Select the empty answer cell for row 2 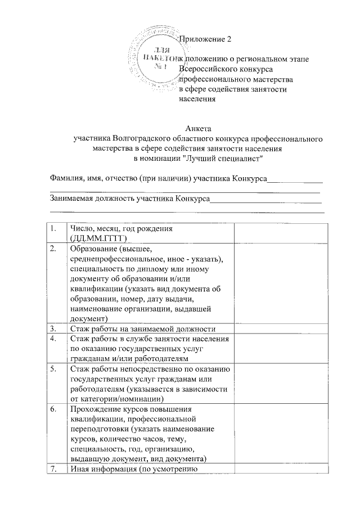pyautogui.click(x=277, y=284)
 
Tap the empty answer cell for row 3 pyautogui.click(x=277, y=329)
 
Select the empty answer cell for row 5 pyautogui.click(x=277, y=384)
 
